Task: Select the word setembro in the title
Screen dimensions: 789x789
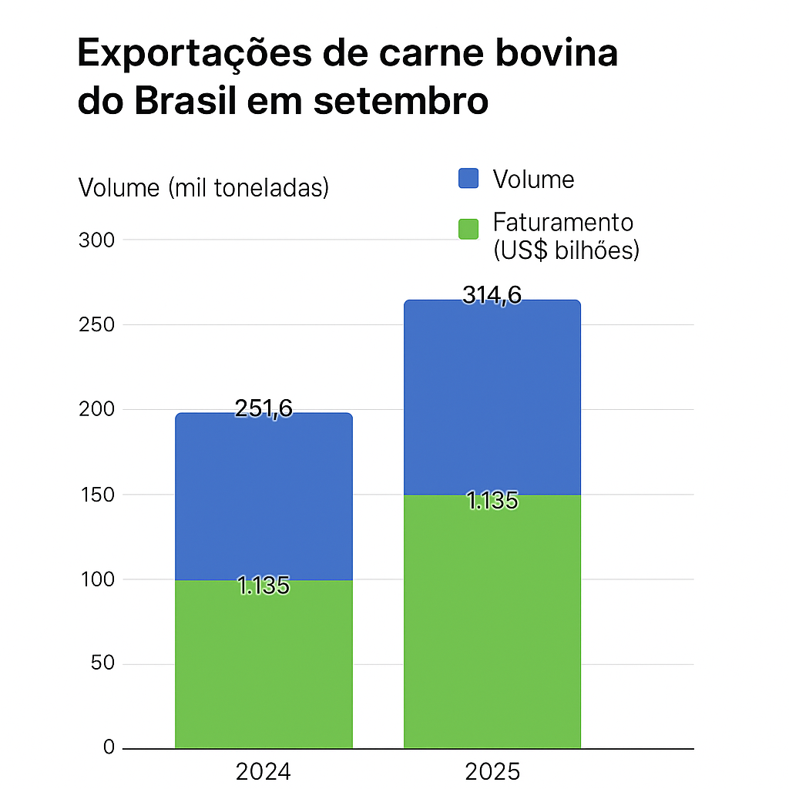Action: (x=401, y=102)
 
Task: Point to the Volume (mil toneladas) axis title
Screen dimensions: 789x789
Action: (x=203, y=187)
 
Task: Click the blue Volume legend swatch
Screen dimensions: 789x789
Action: (x=468, y=179)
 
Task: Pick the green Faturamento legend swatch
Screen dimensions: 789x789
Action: (x=468, y=229)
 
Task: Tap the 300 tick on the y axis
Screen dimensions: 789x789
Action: (x=96, y=240)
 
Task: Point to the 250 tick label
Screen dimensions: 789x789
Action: (x=96, y=324)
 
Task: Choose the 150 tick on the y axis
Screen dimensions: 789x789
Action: (x=96, y=495)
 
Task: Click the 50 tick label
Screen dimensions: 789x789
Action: (x=102, y=664)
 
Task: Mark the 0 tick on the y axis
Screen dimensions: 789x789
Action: (x=109, y=748)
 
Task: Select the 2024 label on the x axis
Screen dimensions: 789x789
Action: (x=264, y=771)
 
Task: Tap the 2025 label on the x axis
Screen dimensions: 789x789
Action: (x=492, y=771)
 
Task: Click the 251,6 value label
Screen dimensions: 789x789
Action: (x=264, y=408)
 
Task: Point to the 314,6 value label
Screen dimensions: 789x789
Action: (x=492, y=295)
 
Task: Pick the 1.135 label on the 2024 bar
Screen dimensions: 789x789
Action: (x=264, y=586)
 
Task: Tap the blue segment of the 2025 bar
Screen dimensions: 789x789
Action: (x=492, y=401)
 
